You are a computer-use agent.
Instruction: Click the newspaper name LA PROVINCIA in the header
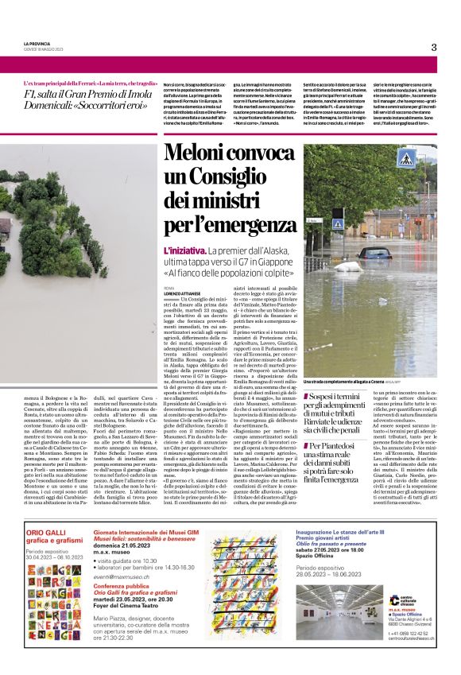(38, 43)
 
